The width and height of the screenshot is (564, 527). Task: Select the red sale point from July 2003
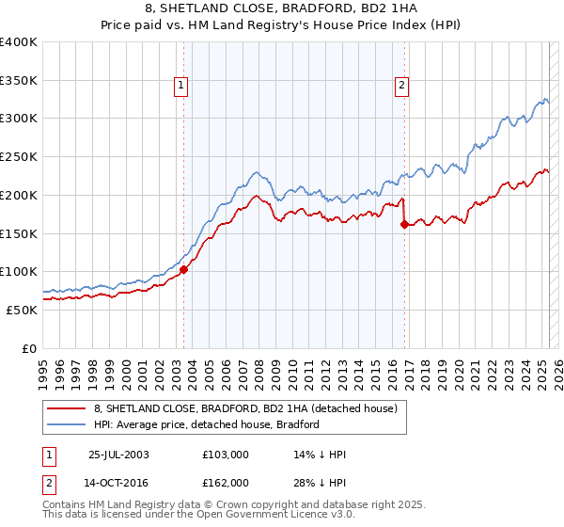[184, 270]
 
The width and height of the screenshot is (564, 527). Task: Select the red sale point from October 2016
[404, 224]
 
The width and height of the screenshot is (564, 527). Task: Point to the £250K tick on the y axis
[19, 157]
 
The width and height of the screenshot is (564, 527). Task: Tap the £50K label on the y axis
[23, 310]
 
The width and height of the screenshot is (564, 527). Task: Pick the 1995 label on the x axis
[42, 367]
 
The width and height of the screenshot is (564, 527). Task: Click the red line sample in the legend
[66, 408]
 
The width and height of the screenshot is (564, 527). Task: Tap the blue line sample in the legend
[66, 424]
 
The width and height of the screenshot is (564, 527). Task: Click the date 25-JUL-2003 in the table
[118, 455]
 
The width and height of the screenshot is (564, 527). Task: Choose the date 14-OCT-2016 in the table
[119, 482]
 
